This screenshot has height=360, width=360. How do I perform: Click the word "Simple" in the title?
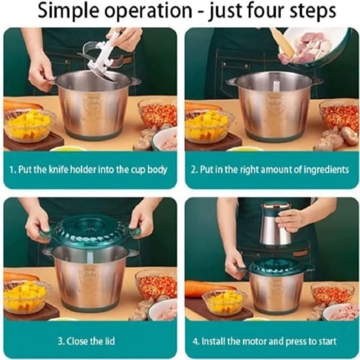pos(68,11)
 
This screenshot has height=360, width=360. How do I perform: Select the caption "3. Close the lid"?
pos(86,341)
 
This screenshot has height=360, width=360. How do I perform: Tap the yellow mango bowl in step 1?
pos(28,126)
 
